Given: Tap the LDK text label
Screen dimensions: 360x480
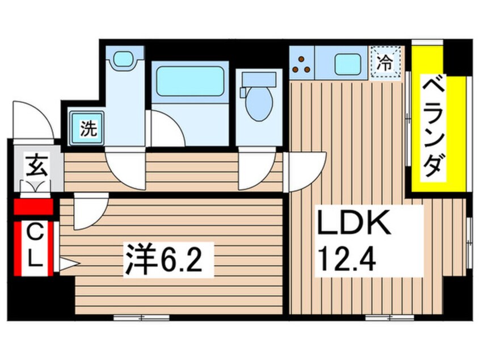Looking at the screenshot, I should click(x=354, y=224).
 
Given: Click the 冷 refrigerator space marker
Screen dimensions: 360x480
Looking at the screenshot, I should click(x=386, y=62).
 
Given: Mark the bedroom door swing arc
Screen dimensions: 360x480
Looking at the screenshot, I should click(x=89, y=211).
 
